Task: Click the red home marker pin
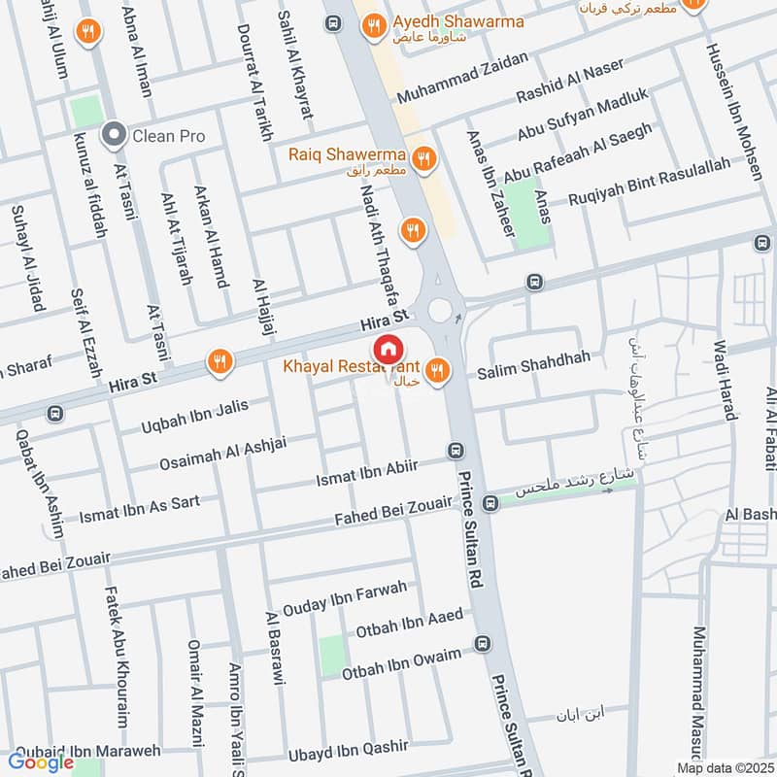tap(388, 350)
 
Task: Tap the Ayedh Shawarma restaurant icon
tap(372, 29)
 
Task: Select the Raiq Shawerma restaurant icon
tap(422, 156)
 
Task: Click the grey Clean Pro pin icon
tap(116, 135)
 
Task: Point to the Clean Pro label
tap(169, 136)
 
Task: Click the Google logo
tap(42, 762)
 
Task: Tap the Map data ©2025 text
tap(725, 767)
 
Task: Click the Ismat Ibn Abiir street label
tap(366, 473)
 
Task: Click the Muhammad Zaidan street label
tap(462, 80)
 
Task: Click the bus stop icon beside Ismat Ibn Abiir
tap(455, 451)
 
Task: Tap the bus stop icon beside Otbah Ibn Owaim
tap(483, 644)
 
